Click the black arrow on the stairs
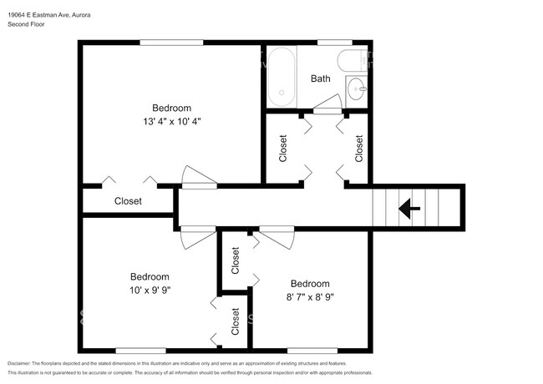click(x=409, y=209)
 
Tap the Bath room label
click(x=320, y=78)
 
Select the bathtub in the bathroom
click(x=282, y=77)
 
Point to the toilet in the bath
click(x=352, y=61)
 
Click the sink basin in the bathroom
click(x=357, y=88)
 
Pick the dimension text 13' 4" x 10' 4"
click(x=172, y=121)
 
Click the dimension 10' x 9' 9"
click(x=150, y=290)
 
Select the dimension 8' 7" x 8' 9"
click(x=310, y=297)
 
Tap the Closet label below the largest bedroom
click(x=128, y=201)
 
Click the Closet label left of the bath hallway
click(x=283, y=148)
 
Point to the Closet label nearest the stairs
click(x=358, y=148)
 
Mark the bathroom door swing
click(x=327, y=104)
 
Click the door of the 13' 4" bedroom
click(x=199, y=177)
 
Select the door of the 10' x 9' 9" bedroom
click(x=198, y=238)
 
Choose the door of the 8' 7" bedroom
click(x=277, y=238)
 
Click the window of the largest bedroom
click(x=171, y=43)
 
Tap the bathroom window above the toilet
click(x=334, y=43)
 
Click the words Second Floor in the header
click(x=26, y=24)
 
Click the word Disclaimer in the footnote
click(x=18, y=364)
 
